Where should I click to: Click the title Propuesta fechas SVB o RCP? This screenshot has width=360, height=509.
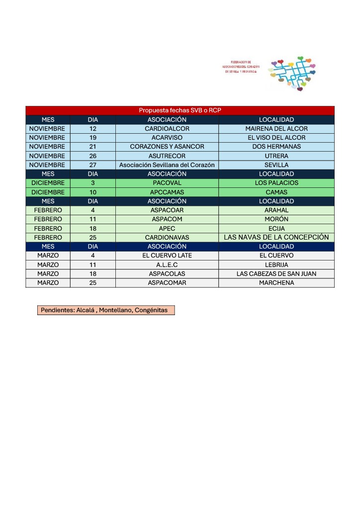180,110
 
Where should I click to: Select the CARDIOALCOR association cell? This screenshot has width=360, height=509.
167,129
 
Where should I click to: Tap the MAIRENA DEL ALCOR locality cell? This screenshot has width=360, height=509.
276,129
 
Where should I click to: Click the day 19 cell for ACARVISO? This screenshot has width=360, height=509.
92,138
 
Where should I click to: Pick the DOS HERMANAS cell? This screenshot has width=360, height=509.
276,147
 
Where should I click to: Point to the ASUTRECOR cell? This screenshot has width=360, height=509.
167,156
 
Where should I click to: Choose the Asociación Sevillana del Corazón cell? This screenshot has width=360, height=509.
167,165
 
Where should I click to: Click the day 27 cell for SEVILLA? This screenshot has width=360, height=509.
92,165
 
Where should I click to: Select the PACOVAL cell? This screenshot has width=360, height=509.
167,183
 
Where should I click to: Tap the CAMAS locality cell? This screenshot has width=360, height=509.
276,192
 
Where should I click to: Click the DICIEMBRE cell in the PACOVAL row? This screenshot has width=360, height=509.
48,183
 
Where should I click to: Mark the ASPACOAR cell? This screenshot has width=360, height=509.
167,210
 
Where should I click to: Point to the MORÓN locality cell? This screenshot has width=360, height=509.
276,219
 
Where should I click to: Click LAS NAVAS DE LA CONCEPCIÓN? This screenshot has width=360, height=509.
276,237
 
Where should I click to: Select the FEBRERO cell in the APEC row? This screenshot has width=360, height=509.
48,228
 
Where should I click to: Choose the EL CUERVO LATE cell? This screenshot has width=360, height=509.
167,255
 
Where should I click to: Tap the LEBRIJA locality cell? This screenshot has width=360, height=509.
276,265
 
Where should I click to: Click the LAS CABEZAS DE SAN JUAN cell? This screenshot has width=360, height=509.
276,274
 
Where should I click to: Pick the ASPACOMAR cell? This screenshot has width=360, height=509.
167,283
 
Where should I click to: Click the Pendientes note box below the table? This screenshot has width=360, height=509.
106,310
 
